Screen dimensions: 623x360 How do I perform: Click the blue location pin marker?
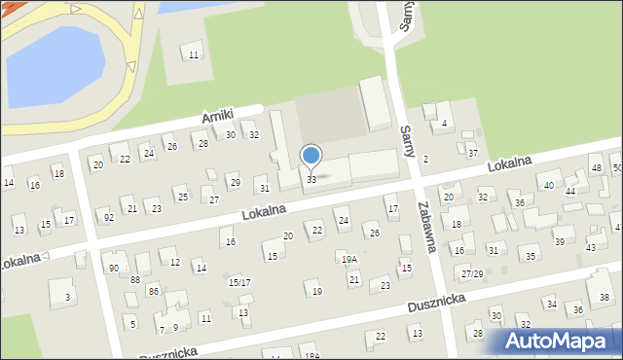(311, 156)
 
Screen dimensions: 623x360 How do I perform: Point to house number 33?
(311, 180)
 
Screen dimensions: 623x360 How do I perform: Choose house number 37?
(472, 153)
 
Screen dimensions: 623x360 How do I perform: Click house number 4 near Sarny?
(444, 124)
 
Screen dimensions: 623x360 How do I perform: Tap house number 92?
(108, 217)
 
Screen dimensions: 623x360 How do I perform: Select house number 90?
(113, 269)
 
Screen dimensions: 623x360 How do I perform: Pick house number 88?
(135, 280)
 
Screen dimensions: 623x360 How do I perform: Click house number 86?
(153, 291)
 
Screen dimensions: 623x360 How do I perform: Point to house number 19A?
(348, 260)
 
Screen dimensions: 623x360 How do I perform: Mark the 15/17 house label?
(238, 282)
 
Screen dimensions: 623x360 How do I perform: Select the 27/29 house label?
(472, 273)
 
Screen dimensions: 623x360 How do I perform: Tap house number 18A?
(311, 356)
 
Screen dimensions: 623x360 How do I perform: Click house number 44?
(570, 192)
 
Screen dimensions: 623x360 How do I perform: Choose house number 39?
(559, 241)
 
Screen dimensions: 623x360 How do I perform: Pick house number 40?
(549, 185)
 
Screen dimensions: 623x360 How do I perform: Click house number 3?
(66, 297)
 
